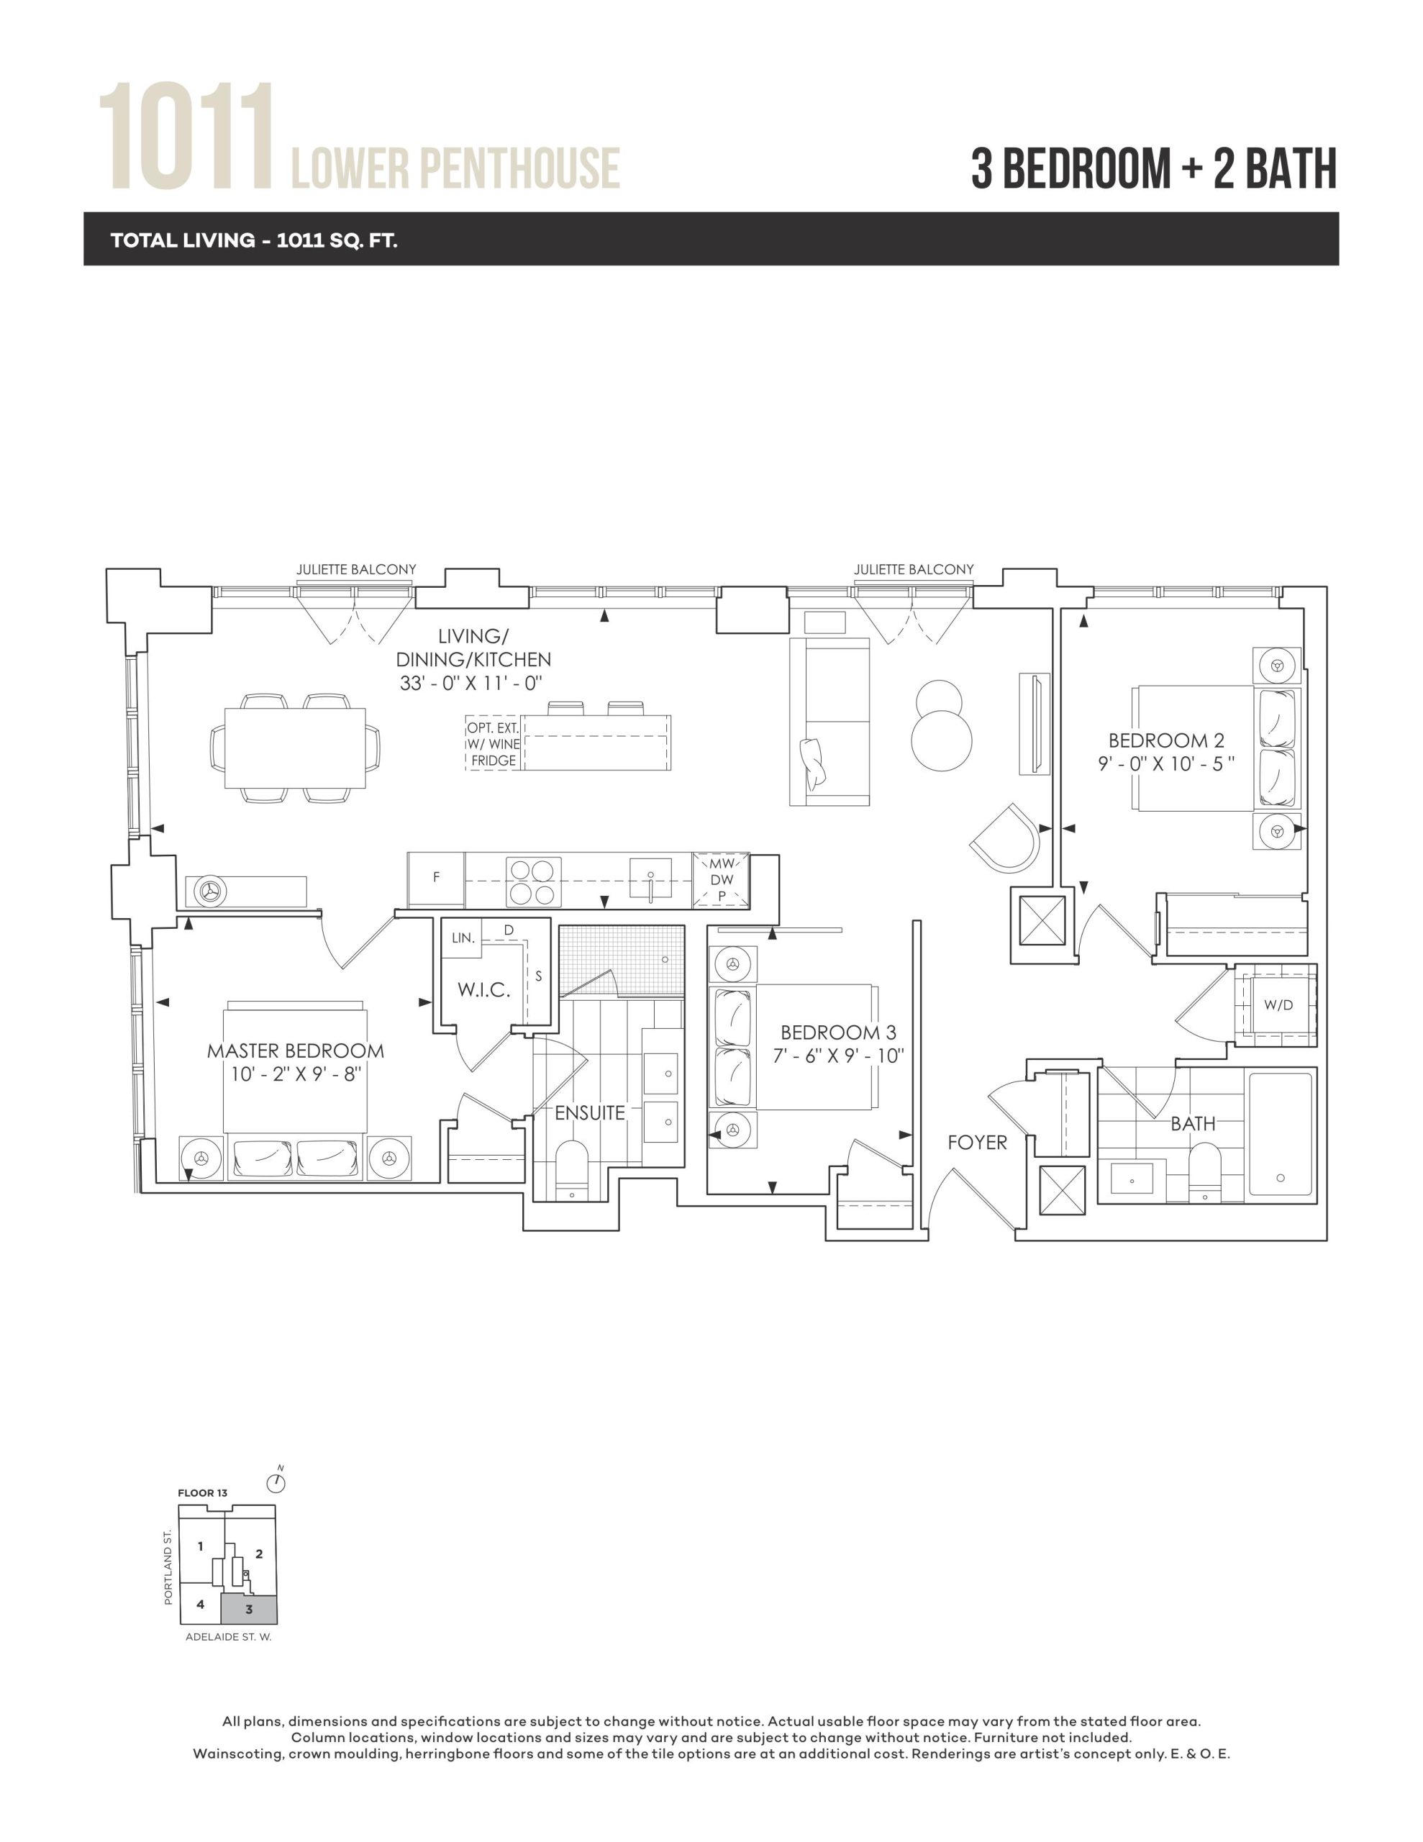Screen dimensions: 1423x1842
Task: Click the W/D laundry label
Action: point(1278,1004)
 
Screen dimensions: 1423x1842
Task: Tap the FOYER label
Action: point(977,1142)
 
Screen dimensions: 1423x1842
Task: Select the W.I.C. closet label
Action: point(484,989)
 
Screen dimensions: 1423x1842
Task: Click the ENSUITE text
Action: point(590,1112)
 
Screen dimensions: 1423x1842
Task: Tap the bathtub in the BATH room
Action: point(1281,1133)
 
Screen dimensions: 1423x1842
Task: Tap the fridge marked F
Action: point(436,878)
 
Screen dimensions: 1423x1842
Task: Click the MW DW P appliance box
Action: point(721,880)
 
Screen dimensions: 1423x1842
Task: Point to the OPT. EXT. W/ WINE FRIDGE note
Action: point(494,744)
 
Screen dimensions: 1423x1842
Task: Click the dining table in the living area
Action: point(295,748)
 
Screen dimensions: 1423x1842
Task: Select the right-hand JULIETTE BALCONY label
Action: point(914,569)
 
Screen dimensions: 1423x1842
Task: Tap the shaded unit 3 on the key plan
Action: point(249,1609)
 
